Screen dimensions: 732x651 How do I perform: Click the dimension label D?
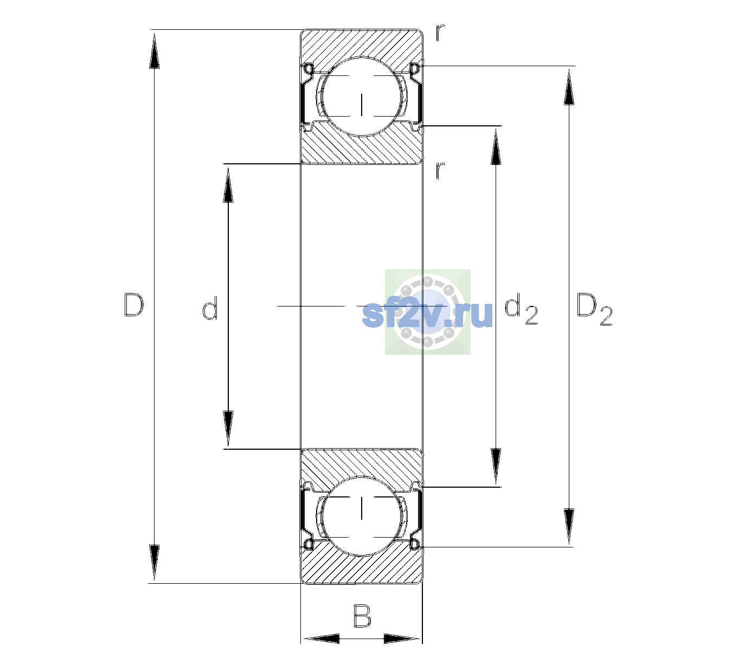pyautogui.click(x=134, y=305)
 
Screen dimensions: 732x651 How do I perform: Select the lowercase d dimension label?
pyautogui.click(x=210, y=308)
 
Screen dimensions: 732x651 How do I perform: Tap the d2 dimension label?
pyautogui.click(x=521, y=309)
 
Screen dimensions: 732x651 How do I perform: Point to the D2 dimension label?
pyautogui.click(x=594, y=309)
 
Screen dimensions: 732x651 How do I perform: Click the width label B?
pyautogui.click(x=362, y=616)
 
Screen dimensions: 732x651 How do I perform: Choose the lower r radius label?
pyautogui.click(x=440, y=170)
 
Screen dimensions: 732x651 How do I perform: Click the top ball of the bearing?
pyautogui.click(x=362, y=97)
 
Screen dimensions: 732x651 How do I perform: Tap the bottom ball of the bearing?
pyautogui.click(x=362, y=516)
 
